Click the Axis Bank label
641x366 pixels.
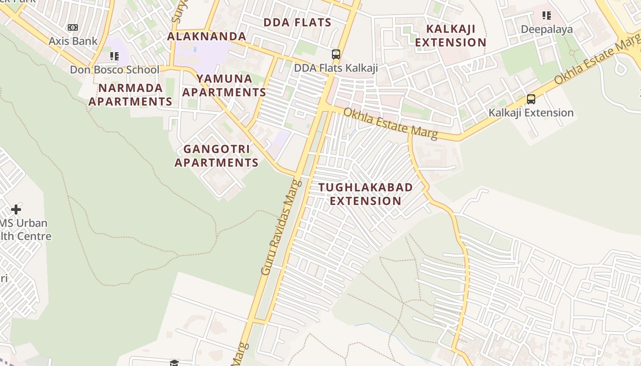coord(73,41)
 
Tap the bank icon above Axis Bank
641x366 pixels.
coord(73,27)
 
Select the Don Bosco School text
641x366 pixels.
coord(114,70)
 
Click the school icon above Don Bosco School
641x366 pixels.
coord(114,56)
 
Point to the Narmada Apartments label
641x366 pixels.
coord(130,95)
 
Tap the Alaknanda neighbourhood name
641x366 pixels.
coord(206,36)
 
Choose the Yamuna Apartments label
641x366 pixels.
coord(224,86)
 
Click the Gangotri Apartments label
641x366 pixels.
coord(217,156)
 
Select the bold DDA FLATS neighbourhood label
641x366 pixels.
coord(297,22)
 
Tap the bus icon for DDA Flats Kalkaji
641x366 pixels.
coord(336,54)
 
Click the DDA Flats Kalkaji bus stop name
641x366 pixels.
coord(336,68)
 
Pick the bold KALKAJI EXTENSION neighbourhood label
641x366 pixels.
coord(451,36)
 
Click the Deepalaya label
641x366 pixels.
coord(547,30)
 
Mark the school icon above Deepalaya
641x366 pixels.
coord(547,16)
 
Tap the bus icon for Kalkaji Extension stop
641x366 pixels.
coord(531,99)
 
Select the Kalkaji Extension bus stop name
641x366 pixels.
coord(531,113)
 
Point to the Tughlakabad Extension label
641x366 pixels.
coord(365,194)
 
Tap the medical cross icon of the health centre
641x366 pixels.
coord(16,210)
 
